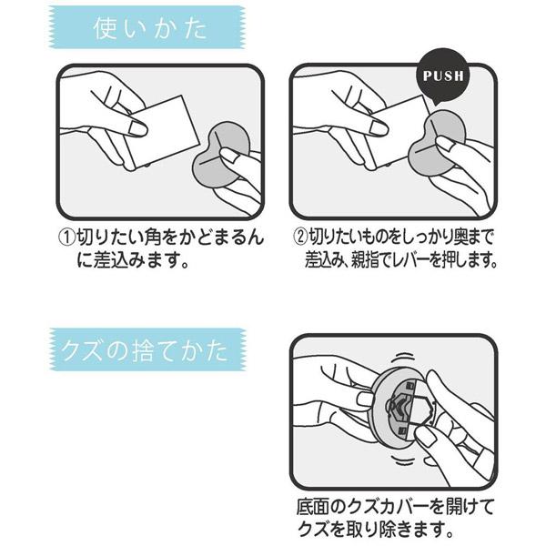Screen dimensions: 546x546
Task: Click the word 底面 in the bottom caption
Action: (x=311, y=505)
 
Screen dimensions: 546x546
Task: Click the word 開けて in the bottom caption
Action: (x=459, y=505)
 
